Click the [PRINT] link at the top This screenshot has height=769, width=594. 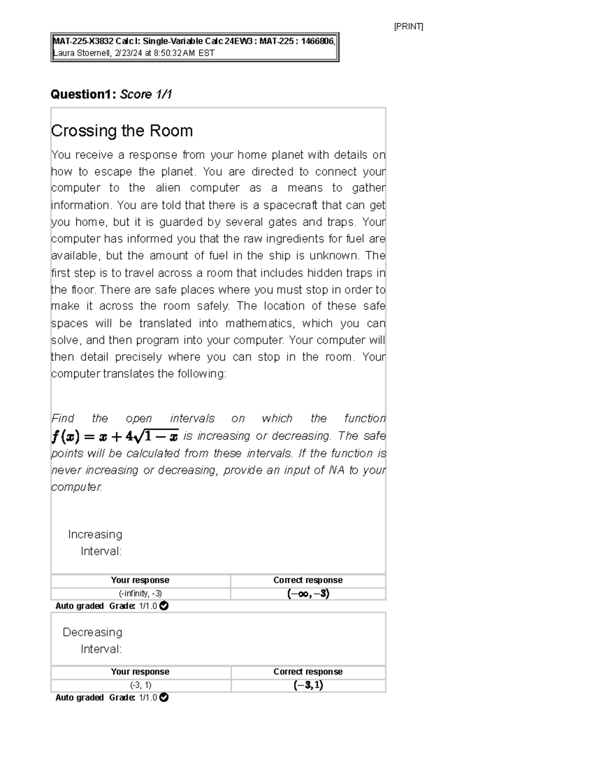(408, 27)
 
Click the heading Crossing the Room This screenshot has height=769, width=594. (122, 131)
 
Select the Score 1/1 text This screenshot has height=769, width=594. (146, 94)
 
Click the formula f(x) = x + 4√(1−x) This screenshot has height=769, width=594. (115, 437)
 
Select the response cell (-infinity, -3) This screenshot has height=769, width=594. (140, 593)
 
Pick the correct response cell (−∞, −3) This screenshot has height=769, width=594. (308, 593)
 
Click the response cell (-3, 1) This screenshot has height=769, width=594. (140, 685)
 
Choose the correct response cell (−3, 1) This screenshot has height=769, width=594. (308, 685)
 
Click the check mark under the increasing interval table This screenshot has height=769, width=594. (164, 606)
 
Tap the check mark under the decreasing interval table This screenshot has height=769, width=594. (164, 697)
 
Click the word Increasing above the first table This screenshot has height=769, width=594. (95, 534)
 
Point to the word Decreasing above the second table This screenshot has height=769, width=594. (93, 632)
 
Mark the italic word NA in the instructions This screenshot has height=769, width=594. (336, 470)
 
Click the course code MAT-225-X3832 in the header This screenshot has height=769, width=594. (82, 42)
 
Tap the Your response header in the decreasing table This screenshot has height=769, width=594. (140, 672)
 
